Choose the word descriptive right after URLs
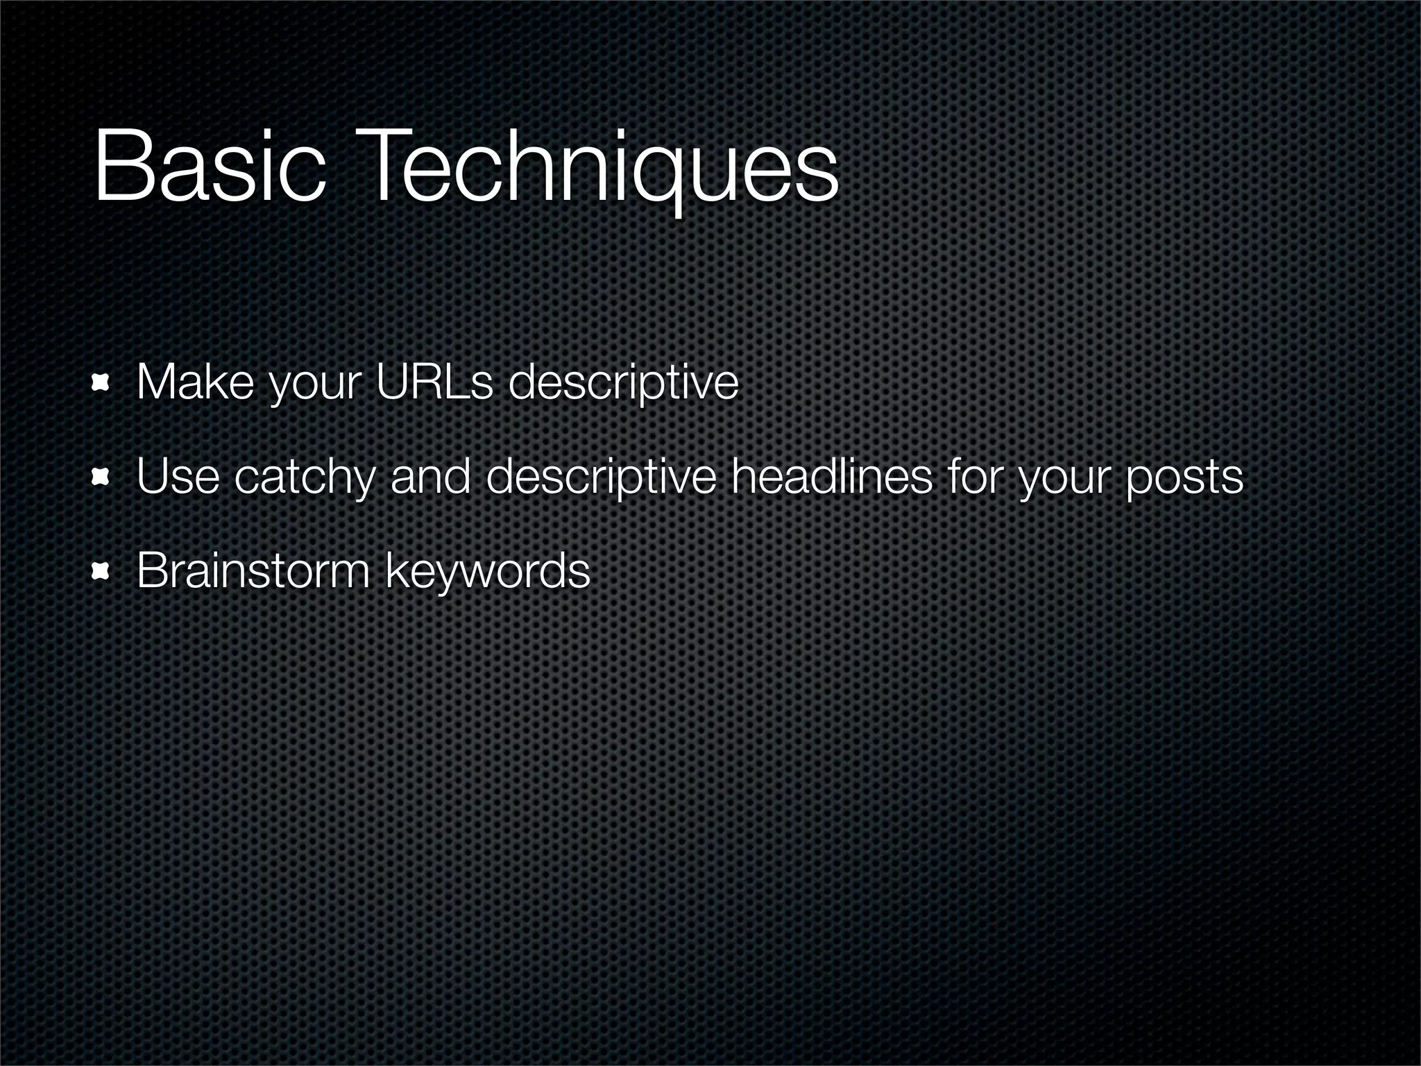tap(623, 383)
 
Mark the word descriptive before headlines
tap(600, 478)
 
